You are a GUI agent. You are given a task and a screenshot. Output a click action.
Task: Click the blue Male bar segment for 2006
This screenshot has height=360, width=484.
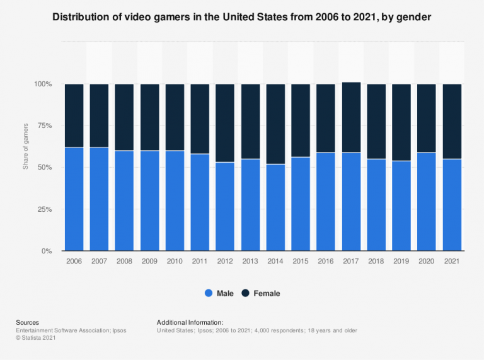74,199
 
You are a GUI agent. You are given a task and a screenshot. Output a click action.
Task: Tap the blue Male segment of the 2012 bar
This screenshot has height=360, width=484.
225,206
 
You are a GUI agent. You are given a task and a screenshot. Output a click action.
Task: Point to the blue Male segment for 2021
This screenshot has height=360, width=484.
452,205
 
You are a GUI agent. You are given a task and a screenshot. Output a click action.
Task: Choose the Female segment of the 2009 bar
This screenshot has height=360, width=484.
149,117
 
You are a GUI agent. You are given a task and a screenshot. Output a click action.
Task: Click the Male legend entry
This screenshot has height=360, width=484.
219,293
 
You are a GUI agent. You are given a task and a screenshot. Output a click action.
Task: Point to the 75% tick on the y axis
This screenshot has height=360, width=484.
44,126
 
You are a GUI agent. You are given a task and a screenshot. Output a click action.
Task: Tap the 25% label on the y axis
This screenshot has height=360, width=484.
44,209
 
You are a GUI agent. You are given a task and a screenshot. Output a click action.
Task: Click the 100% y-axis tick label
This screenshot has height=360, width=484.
42,84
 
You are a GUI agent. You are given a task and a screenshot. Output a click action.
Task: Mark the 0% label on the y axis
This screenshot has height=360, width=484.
47,251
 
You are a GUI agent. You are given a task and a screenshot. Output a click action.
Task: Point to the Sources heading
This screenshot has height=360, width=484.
28,322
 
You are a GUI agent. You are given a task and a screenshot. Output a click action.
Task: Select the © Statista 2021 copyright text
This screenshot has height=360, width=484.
38,339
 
